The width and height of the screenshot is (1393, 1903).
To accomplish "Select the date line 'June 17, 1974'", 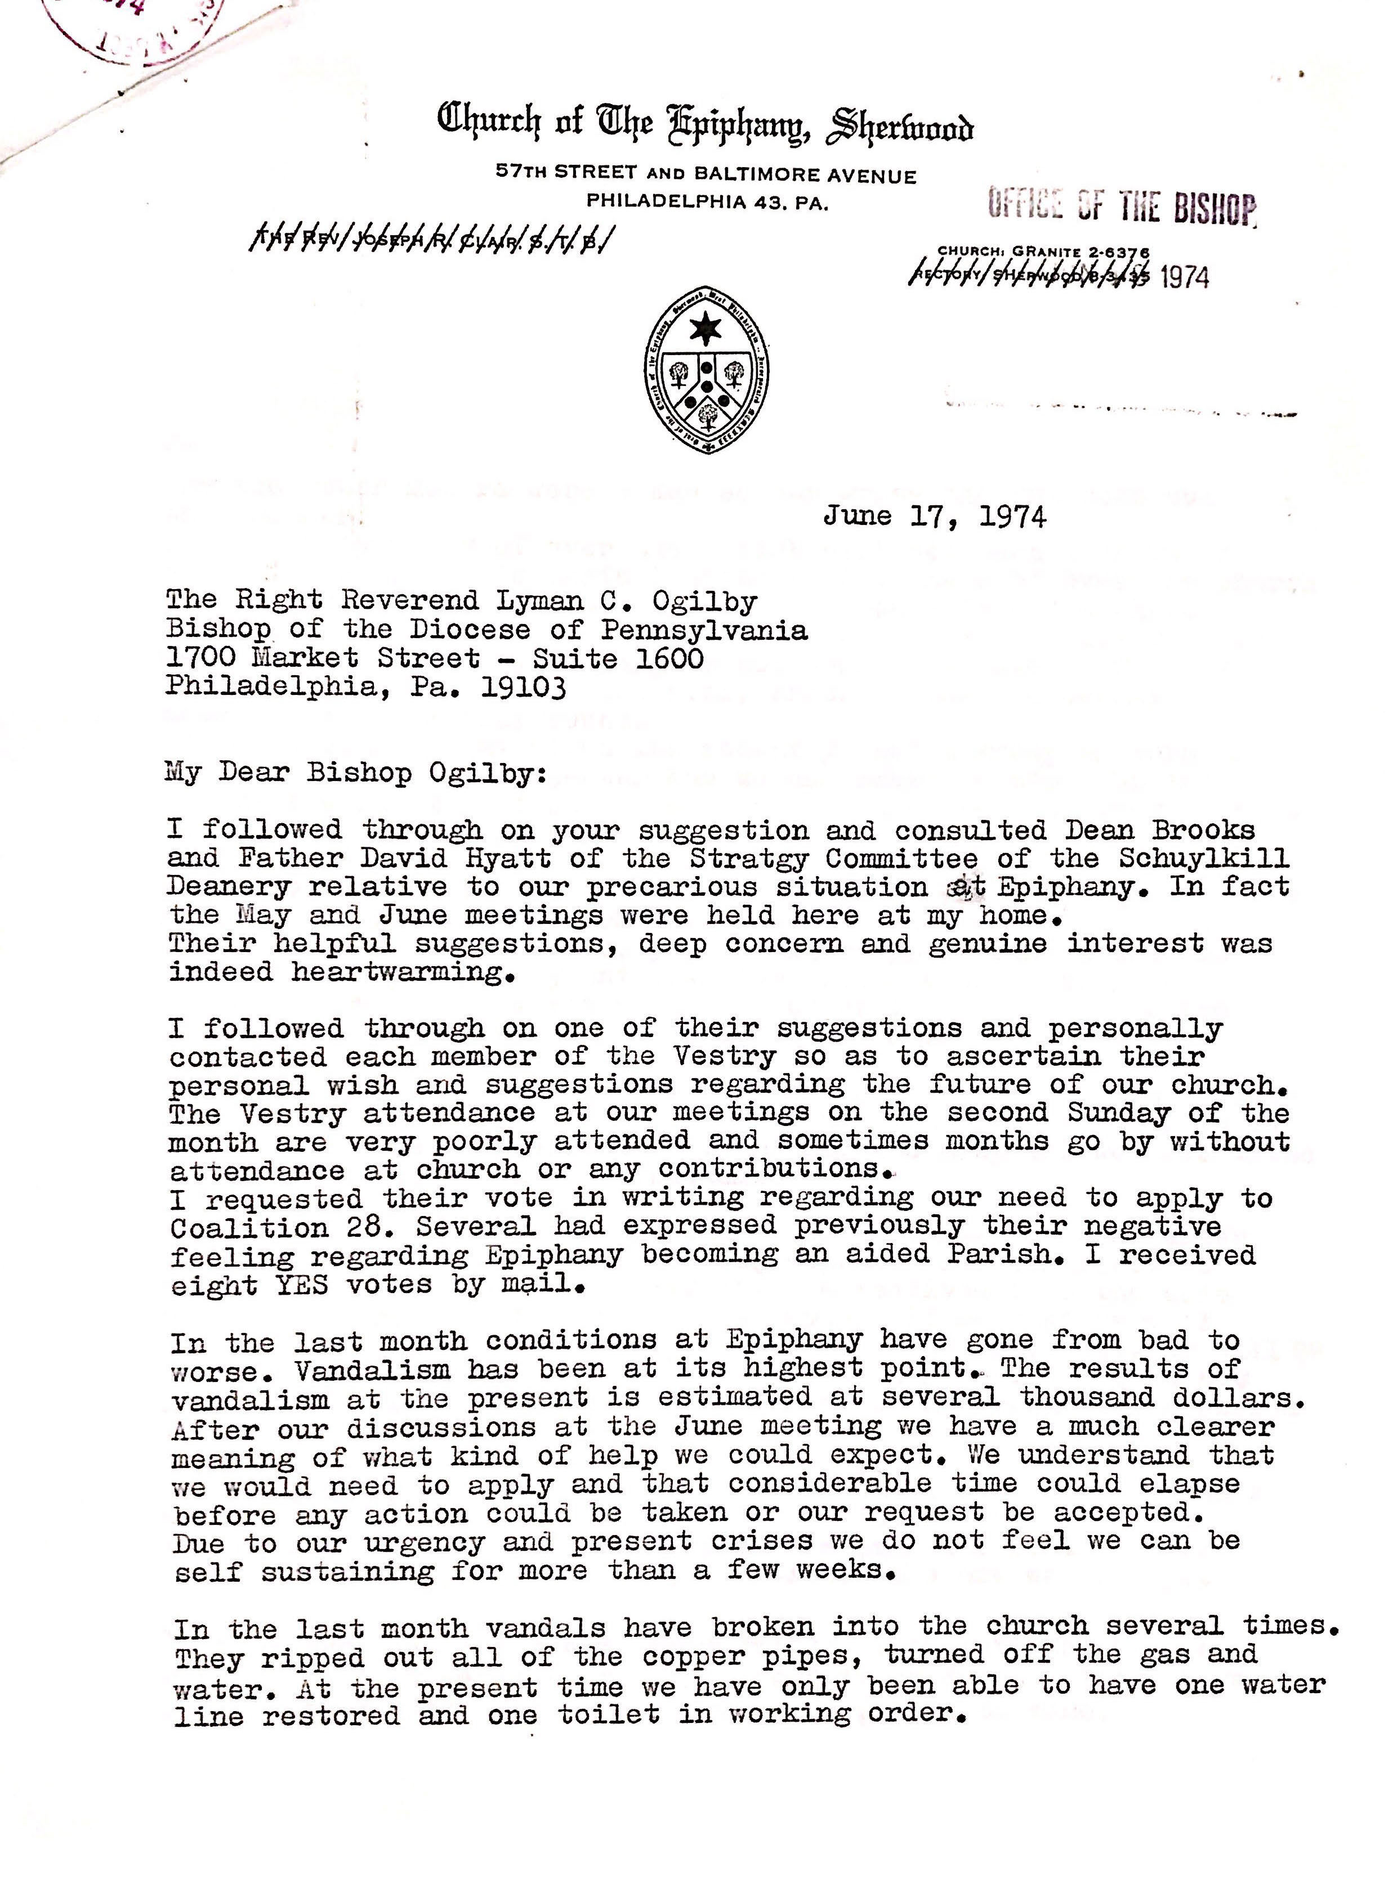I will pyautogui.click(x=934, y=516).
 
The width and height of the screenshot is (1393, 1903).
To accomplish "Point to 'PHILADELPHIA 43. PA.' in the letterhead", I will pyautogui.click(x=707, y=202).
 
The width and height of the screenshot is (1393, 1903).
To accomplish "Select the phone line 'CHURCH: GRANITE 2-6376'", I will pyautogui.click(x=1043, y=251).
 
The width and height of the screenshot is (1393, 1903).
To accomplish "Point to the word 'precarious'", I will pyautogui.click(x=671, y=887).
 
